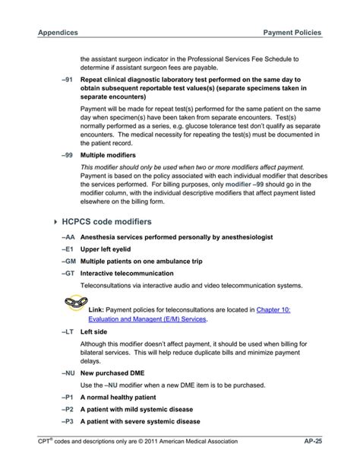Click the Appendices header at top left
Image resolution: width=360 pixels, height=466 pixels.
pyautogui.click(x=58, y=33)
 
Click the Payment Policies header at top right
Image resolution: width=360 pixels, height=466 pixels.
pyautogui.click(x=292, y=33)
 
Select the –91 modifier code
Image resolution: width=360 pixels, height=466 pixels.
pyautogui.click(x=66, y=79)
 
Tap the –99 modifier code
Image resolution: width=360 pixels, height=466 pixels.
pyautogui.click(x=66, y=154)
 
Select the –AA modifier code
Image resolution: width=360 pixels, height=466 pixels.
pyautogui.click(x=67, y=238)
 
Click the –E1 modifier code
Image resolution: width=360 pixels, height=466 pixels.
pyautogui.click(x=67, y=249)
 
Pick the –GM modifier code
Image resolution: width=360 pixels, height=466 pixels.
pyautogui.click(x=67, y=262)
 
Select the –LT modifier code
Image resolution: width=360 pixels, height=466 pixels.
pyautogui.click(x=67, y=331)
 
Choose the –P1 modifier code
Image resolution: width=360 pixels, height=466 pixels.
pyautogui.click(x=67, y=397)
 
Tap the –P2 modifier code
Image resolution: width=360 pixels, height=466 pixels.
pyautogui.click(x=67, y=409)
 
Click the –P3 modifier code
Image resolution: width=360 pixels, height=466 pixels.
pyautogui.click(x=67, y=421)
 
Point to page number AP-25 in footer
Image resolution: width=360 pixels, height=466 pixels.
pyautogui.click(x=312, y=441)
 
